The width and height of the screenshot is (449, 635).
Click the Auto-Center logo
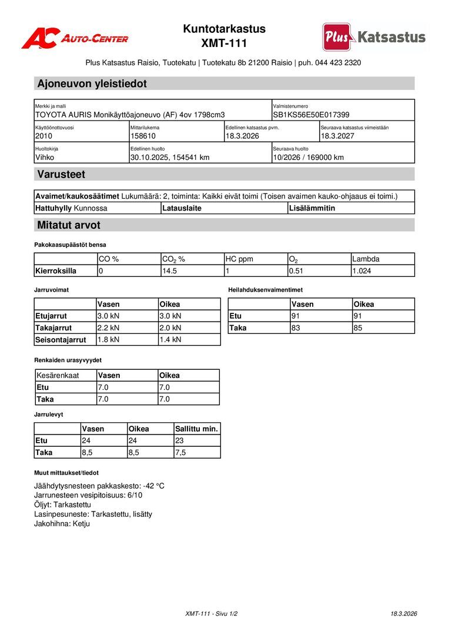[x=75, y=38]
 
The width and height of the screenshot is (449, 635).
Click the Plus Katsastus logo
[x=374, y=37]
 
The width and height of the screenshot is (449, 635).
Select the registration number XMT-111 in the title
[x=224, y=44]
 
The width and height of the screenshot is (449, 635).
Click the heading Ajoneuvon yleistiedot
[x=92, y=83]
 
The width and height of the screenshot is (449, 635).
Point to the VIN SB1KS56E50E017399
[x=311, y=115]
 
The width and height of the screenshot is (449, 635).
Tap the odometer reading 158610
[x=143, y=136]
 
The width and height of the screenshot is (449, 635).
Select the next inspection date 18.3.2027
[x=337, y=136]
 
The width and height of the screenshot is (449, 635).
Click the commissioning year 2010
[x=43, y=136]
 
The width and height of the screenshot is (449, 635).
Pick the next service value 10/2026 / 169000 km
[x=309, y=157]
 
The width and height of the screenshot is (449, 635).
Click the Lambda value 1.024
[x=361, y=271]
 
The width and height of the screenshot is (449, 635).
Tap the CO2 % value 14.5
[x=169, y=271]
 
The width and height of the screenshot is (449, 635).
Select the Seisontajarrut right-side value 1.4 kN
[x=170, y=339]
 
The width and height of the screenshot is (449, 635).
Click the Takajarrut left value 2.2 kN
[x=108, y=327]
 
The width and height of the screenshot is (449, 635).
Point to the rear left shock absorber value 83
[x=296, y=327]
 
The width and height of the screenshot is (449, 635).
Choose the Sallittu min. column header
[x=196, y=429]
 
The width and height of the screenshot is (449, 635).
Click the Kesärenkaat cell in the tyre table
[x=58, y=375]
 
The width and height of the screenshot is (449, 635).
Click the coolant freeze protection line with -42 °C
[x=99, y=486]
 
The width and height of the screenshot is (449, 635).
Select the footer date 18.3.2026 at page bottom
[x=404, y=614]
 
